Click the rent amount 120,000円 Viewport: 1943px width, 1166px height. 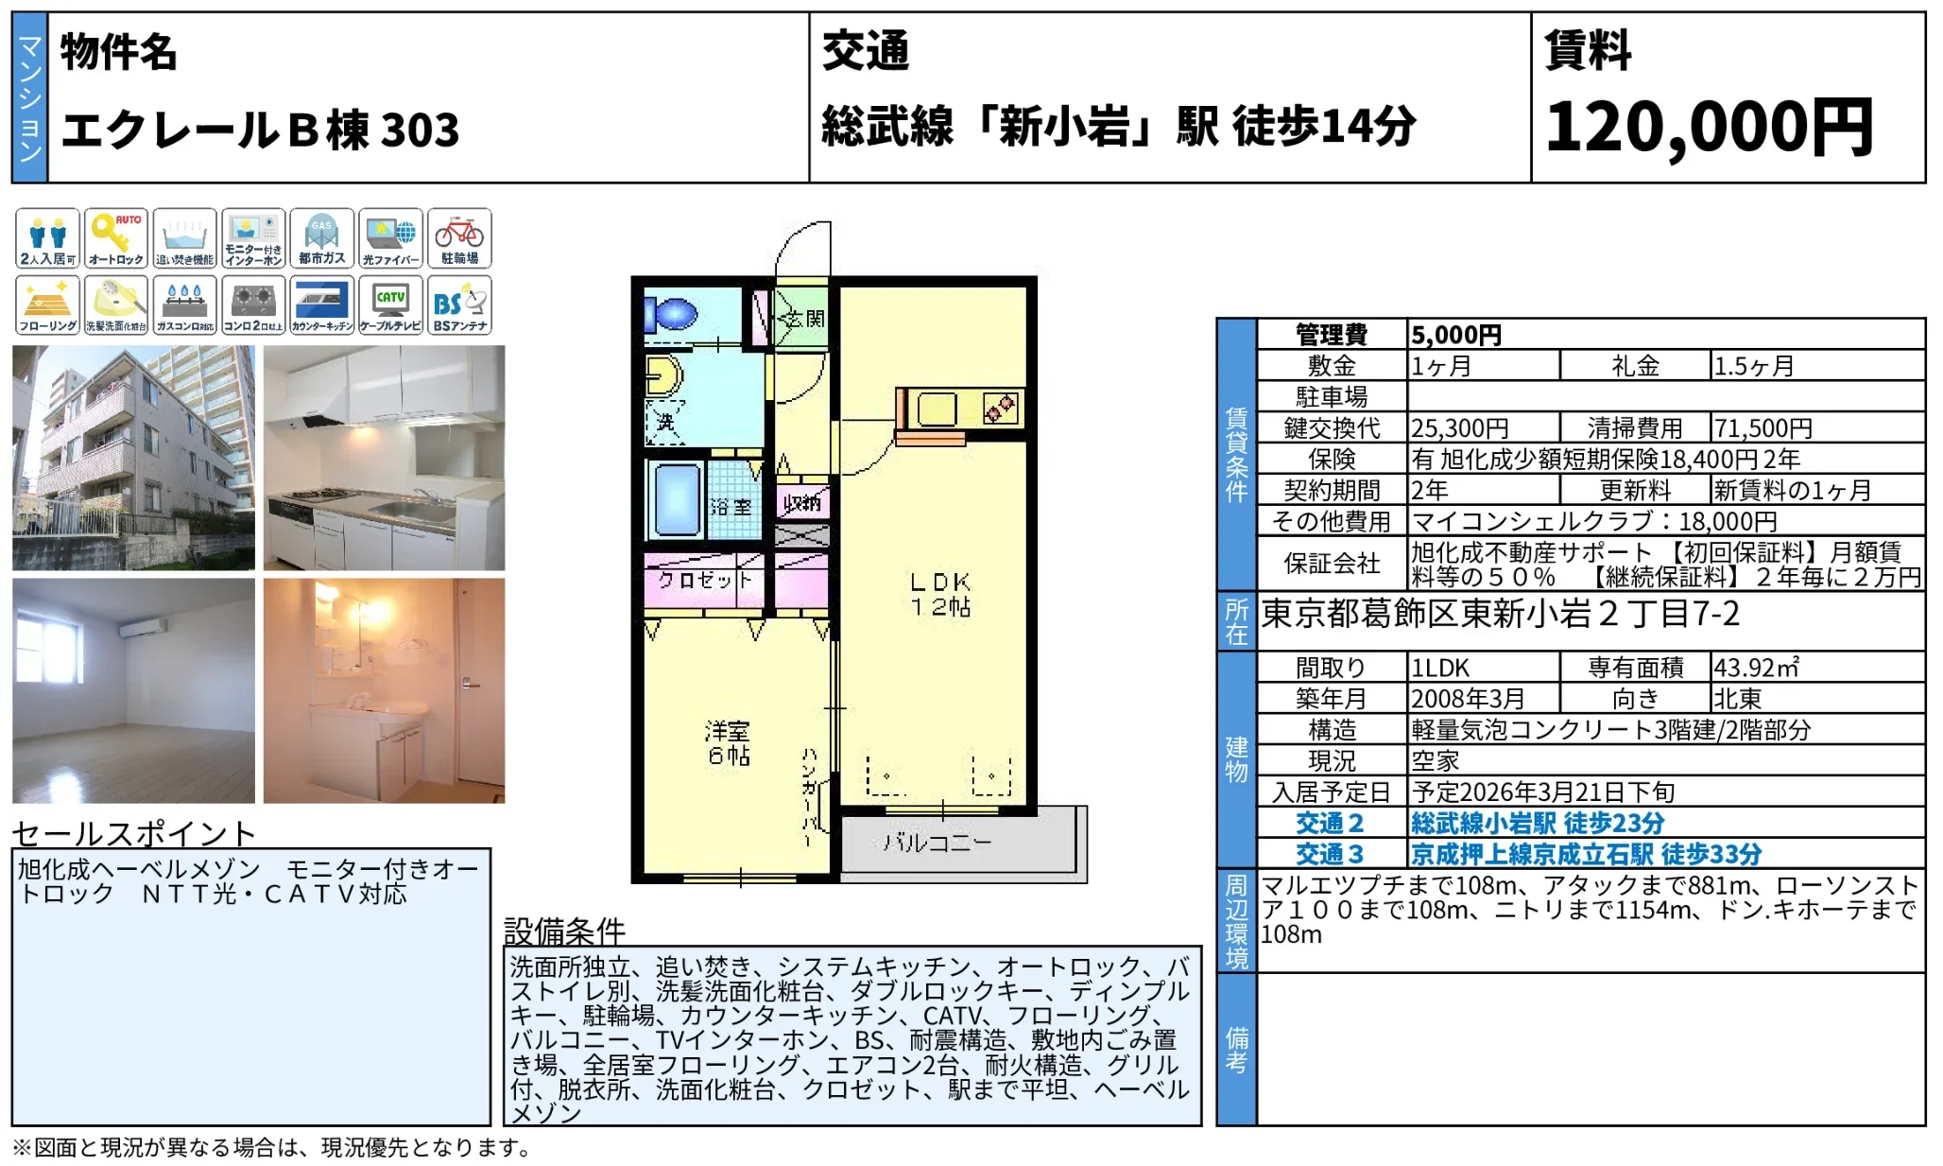[x=1709, y=127]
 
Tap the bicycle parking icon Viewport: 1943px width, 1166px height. [x=459, y=238]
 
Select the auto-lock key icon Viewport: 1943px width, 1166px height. [x=116, y=238]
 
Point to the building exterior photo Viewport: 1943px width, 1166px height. [x=133, y=457]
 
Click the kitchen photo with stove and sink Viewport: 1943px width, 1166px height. [x=384, y=457]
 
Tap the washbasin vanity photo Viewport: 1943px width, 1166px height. [x=384, y=690]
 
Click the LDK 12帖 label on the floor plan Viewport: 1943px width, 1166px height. [x=939, y=594]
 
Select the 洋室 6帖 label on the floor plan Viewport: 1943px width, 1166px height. [x=728, y=742]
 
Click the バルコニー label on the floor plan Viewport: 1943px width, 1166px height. [x=937, y=842]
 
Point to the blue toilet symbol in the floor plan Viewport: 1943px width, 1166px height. [x=673, y=313]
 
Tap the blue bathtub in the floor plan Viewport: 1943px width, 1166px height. [x=675, y=499]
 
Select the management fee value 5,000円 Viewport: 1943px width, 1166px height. [x=1455, y=335]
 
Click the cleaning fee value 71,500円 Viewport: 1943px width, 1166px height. [x=1762, y=428]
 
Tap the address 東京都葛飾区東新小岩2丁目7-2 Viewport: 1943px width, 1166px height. [x=1500, y=615]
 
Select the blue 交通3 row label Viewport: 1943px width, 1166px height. [x=1330, y=854]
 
